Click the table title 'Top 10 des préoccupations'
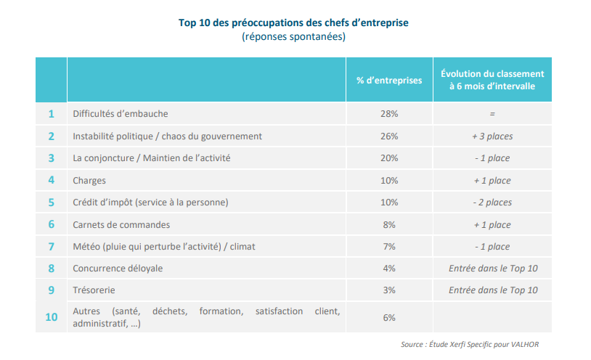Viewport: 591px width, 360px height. tap(293, 22)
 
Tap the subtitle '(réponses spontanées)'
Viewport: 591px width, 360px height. tap(293, 36)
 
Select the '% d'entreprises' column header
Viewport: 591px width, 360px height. tap(389, 80)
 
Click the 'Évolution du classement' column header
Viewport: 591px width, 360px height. tap(492, 80)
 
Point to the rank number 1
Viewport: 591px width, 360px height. tap(51, 114)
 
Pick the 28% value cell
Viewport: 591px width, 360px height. tap(389, 114)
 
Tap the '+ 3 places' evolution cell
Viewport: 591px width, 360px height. tap(492, 136)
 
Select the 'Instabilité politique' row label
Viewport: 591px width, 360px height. tap(167, 136)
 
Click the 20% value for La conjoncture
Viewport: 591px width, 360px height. tap(389, 158)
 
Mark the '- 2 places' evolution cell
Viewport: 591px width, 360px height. tap(492, 202)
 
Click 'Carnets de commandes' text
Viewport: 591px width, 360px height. tap(121, 225)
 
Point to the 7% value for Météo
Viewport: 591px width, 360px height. tap(389, 247)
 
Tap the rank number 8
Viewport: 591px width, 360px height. tap(51, 269)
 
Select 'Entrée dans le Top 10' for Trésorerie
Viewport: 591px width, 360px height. tap(492, 290)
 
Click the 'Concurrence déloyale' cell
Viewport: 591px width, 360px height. tap(118, 269)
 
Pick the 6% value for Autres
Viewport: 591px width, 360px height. tap(389, 317)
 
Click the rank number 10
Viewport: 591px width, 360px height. tap(51, 317)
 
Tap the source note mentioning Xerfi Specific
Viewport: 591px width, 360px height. tap(470, 344)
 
